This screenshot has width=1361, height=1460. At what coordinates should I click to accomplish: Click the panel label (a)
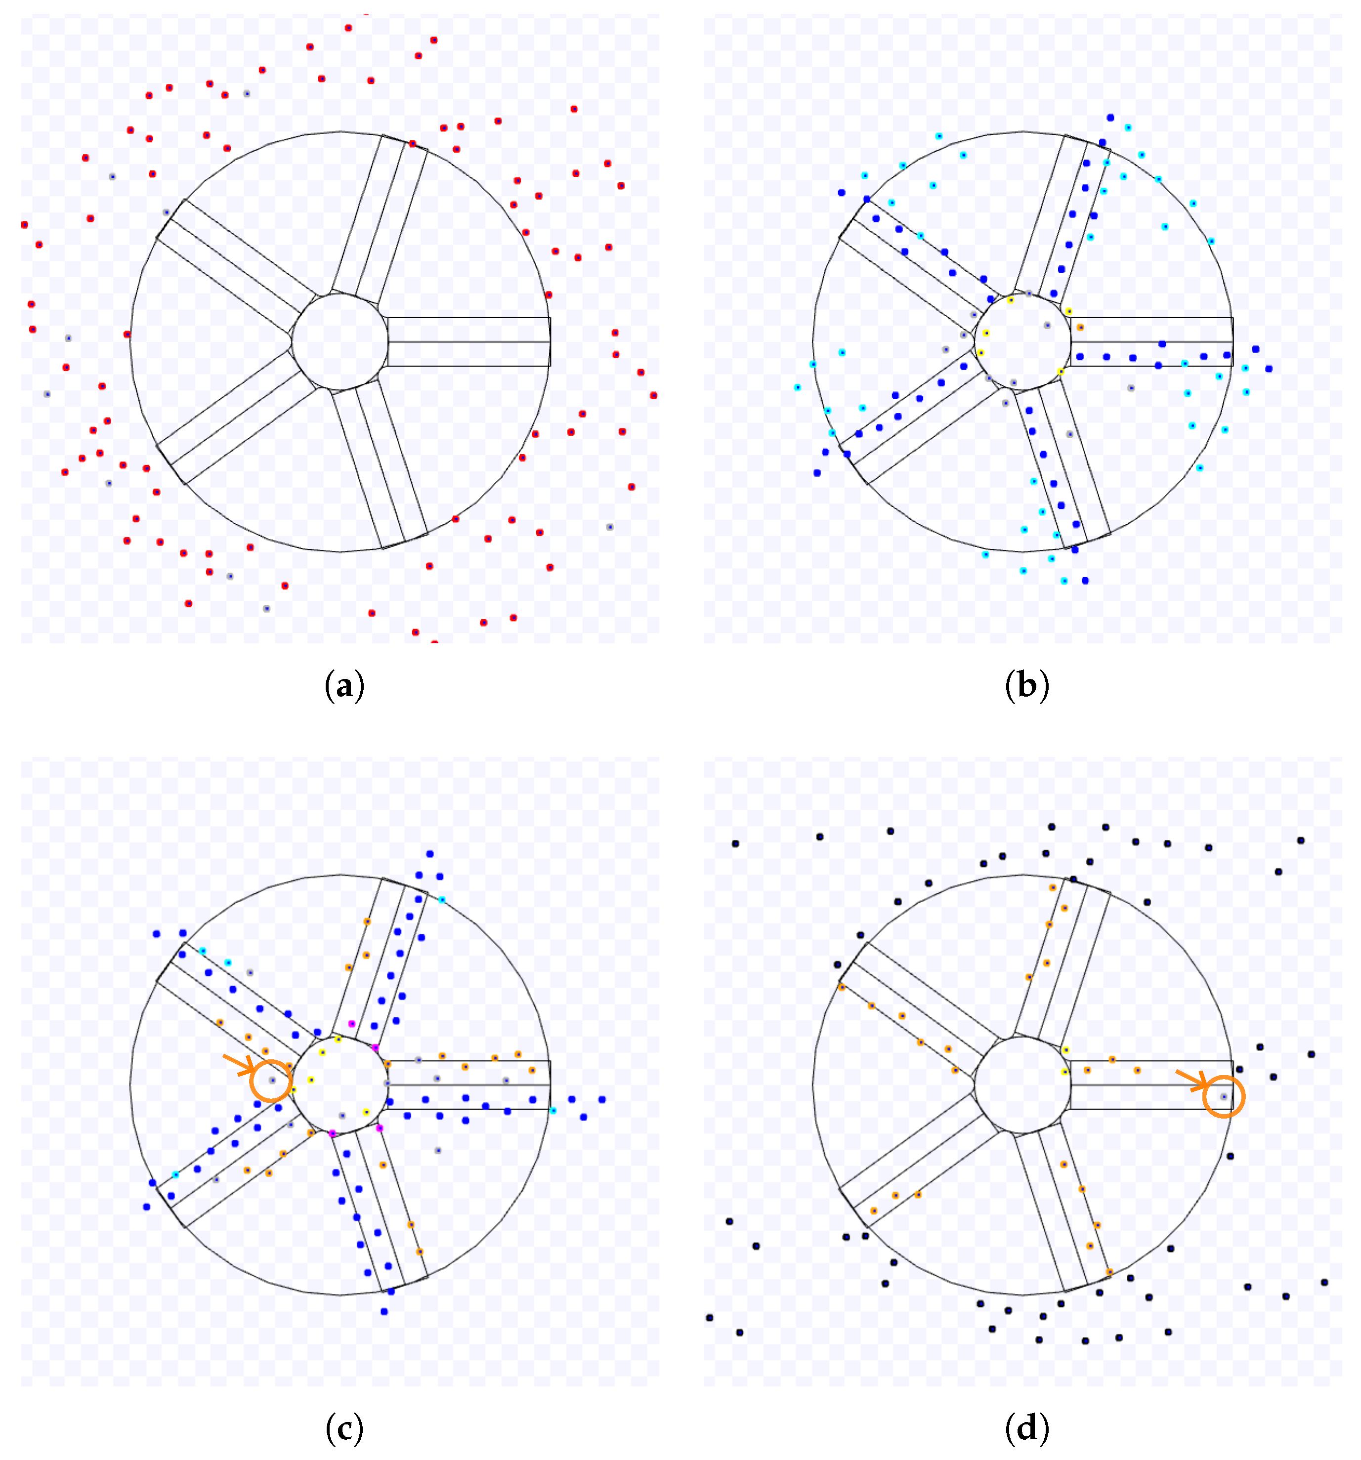(x=344, y=685)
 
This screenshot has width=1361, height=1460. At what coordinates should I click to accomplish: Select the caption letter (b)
(x=1026, y=685)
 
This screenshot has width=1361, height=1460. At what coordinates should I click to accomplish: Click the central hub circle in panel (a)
(x=340, y=341)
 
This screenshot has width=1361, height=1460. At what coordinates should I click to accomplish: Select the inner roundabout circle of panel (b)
(x=1022, y=341)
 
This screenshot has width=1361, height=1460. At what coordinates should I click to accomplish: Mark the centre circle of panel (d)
(x=1022, y=1085)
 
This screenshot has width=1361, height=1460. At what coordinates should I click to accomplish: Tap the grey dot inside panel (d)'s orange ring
(x=1224, y=1096)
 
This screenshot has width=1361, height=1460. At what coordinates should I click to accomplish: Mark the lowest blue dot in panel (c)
(x=384, y=1311)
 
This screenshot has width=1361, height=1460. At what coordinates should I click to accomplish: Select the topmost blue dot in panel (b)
(x=1110, y=118)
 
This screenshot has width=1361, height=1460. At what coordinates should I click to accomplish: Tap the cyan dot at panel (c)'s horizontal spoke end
(x=553, y=1110)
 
